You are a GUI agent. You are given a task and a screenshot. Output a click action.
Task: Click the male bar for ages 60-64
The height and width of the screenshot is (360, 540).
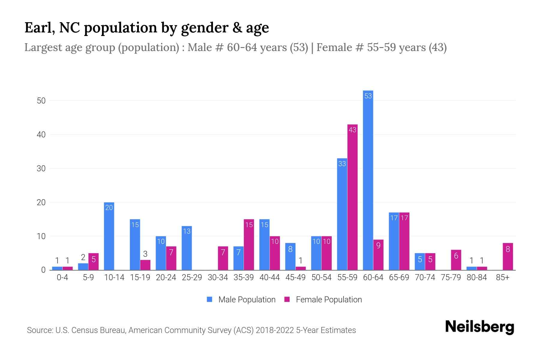pos(368,180)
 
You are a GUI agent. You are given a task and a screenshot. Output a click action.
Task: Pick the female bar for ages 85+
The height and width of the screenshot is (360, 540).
pos(508,256)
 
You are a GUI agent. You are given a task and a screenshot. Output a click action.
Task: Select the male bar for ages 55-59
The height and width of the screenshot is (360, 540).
pos(342,214)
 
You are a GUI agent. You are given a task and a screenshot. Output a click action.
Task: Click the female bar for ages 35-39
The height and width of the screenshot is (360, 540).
pos(249,244)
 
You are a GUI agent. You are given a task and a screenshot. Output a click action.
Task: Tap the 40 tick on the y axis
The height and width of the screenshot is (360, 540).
pos(41,135)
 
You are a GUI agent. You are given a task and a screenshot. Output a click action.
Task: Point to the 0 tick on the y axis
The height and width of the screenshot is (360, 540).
pos(43,270)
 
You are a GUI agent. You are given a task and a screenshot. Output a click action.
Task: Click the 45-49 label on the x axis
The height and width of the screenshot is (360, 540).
pos(295,277)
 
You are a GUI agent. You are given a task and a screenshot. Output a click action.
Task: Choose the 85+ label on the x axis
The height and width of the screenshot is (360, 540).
pos(502,277)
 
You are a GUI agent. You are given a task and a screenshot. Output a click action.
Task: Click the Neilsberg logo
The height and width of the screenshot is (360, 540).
pos(479,327)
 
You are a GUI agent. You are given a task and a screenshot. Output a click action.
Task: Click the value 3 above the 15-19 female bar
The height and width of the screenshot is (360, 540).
pos(145,254)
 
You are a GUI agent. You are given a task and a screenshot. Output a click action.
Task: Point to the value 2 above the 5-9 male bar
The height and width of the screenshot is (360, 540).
pos(83,257)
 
